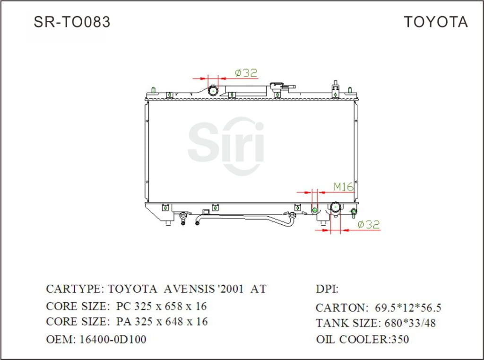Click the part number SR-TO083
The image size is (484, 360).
point(72,22)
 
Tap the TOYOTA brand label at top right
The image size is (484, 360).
point(435,22)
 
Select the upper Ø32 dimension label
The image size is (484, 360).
point(246,72)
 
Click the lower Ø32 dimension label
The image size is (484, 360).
point(369,225)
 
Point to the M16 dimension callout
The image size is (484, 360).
point(344,187)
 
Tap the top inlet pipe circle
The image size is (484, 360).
point(214,90)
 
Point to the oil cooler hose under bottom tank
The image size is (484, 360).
point(246,218)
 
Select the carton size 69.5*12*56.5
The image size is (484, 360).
point(407,307)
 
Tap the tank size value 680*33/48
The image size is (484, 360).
point(408,323)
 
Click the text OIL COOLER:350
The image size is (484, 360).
point(363,339)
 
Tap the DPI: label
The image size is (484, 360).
point(327,289)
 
